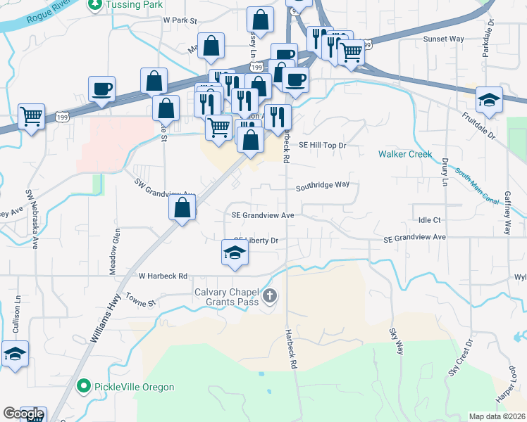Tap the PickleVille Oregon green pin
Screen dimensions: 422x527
point(85,387)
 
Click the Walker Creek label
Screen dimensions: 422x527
point(405,153)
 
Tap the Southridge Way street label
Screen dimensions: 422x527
point(323,186)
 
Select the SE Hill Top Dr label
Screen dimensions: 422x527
point(323,145)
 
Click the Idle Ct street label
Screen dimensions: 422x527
point(429,220)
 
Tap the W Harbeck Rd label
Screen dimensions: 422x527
point(163,276)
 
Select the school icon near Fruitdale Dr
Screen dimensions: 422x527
point(489,100)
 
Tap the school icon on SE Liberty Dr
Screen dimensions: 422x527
point(235,252)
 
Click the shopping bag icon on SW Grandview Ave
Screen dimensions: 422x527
point(182,207)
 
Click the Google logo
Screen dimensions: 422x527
point(23,414)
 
